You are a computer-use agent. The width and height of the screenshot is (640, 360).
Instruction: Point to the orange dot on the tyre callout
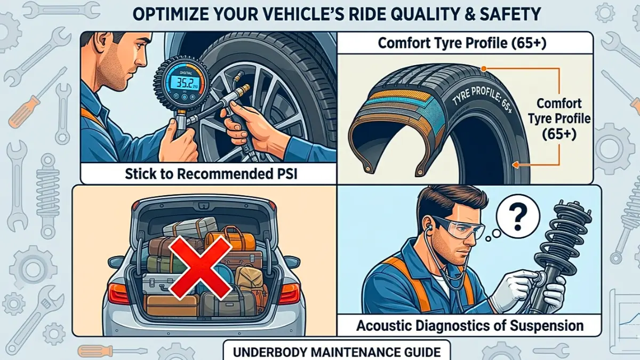[483, 69]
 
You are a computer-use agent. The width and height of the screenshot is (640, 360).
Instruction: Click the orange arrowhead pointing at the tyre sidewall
[515, 165]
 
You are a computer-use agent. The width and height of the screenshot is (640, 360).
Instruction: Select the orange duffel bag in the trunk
[230, 241]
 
